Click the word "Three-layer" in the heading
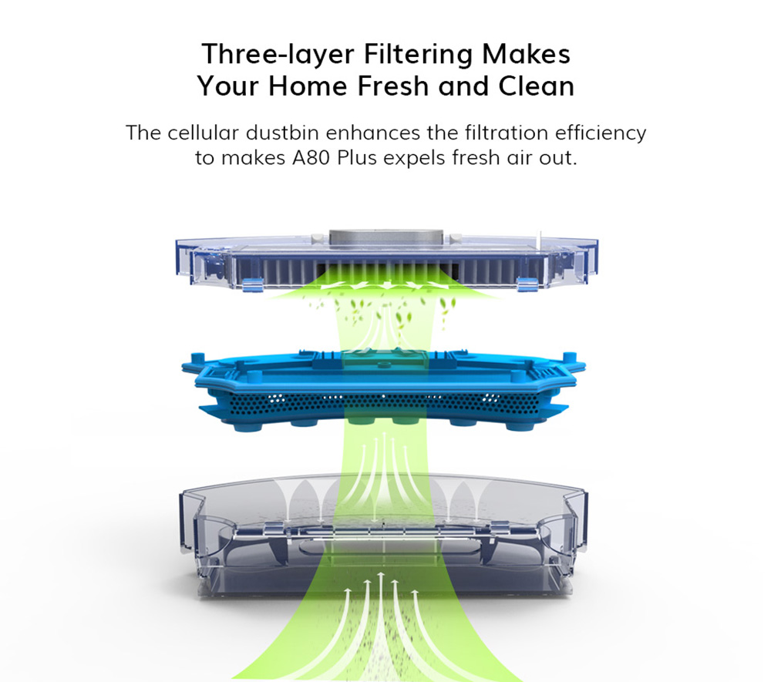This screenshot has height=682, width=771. (x=278, y=54)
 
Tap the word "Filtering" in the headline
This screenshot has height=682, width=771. (x=418, y=54)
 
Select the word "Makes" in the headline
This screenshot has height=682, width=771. (x=526, y=53)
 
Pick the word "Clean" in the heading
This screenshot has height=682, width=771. (x=536, y=86)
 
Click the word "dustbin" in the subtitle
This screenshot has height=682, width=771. (x=282, y=133)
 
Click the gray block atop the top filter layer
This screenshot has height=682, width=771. (x=386, y=237)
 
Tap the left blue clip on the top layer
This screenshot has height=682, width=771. (x=253, y=284)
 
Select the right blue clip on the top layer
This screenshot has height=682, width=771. (x=527, y=284)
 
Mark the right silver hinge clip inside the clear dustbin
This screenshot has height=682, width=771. (x=499, y=528)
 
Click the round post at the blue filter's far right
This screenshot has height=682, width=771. (x=570, y=358)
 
